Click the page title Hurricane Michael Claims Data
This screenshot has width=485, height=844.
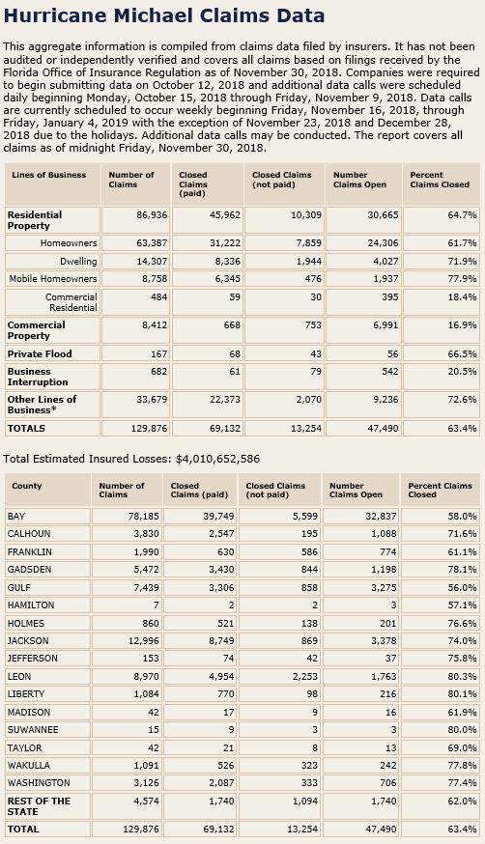click(x=163, y=15)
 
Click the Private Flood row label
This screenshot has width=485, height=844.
click(x=40, y=353)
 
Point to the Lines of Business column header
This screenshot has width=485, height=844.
click(x=48, y=175)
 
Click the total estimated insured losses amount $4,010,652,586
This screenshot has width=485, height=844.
click(x=218, y=459)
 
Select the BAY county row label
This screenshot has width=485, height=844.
click(x=16, y=517)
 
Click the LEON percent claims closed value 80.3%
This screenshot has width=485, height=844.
click(x=462, y=676)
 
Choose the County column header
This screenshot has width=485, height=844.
click(x=26, y=486)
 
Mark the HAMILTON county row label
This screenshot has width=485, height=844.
click(x=31, y=605)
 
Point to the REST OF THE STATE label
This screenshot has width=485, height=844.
click(x=39, y=805)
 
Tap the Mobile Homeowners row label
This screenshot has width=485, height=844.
click(x=53, y=279)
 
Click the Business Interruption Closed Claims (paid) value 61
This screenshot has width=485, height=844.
click(x=235, y=372)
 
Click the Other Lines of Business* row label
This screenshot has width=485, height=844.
click(x=42, y=405)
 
